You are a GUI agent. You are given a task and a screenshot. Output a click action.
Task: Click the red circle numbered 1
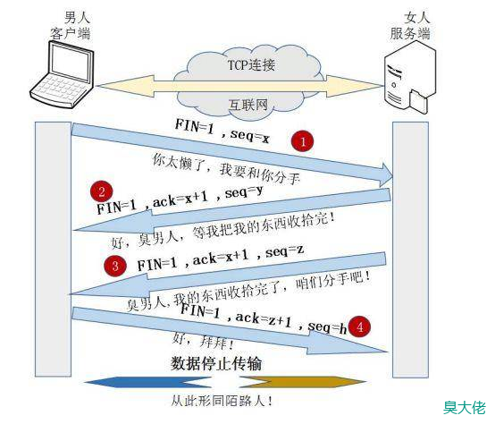302,141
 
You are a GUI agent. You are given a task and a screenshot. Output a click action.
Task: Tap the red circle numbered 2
102,191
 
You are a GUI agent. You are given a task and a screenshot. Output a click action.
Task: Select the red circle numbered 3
115,266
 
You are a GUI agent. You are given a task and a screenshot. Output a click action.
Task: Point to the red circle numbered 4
359,326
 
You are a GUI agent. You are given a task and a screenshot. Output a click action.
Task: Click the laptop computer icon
62,74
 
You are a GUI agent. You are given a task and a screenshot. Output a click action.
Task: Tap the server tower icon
410,78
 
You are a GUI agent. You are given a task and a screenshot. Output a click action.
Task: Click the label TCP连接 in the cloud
251,65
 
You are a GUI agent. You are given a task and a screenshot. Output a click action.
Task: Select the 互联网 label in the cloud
248,105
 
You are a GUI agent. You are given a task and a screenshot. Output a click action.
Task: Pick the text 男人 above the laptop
77,17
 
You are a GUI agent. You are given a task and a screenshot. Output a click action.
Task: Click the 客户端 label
70,33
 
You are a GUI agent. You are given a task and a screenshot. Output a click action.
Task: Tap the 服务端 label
410,33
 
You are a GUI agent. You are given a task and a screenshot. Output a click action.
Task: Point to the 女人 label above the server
416,17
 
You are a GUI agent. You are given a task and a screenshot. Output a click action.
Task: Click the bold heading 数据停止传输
216,363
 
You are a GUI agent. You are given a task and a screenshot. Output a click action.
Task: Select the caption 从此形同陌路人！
222,401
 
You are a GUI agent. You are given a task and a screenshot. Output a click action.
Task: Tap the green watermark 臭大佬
465,408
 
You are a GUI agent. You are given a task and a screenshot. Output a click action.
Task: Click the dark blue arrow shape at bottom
148,382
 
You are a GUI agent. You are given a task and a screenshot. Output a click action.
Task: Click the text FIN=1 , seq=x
222,131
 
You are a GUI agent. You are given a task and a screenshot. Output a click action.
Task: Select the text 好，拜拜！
203,342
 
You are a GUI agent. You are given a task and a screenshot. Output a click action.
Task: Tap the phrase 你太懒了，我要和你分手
226,169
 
